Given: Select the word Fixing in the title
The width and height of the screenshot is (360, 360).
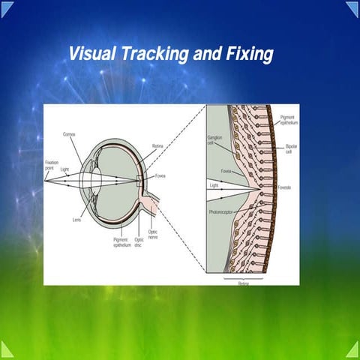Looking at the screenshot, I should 247,54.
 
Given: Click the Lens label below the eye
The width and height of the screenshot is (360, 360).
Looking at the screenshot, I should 78,219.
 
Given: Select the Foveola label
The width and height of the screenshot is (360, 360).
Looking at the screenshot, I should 285,186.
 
